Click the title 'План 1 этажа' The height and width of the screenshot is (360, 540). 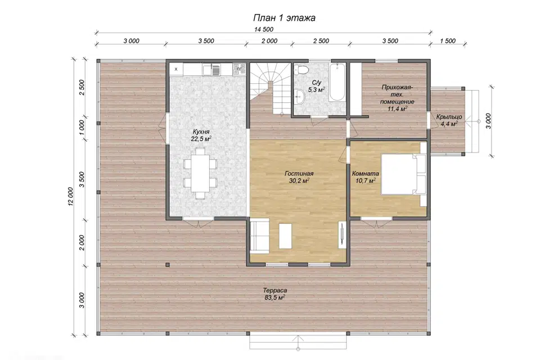point(284,17)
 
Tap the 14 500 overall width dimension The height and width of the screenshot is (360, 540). point(264,29)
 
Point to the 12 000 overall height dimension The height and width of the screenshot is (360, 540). point(71,197)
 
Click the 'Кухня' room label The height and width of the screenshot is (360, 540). point(201,132)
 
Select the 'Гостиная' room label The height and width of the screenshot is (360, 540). point(299,174)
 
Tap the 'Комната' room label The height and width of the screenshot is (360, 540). point(366,174)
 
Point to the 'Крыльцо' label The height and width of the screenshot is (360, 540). point(449,117)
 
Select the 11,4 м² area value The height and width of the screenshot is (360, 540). point(398,109)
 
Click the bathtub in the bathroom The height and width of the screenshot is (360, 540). point(336,82)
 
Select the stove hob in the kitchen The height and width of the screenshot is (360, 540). point(239,69)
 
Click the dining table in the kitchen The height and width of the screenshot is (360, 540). point(200,173)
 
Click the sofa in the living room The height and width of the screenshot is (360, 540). point(259,237)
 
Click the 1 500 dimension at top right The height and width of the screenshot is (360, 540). point(448,41)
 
